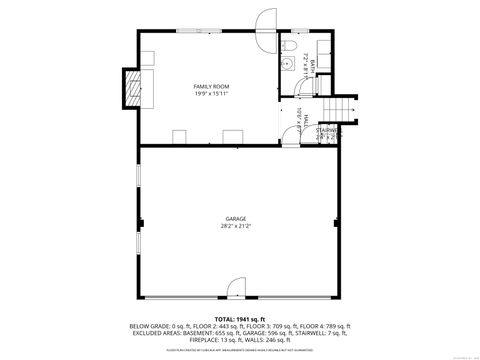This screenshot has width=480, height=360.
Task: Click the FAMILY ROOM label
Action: point(211,87)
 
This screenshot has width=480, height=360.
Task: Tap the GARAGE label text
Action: point(236,218)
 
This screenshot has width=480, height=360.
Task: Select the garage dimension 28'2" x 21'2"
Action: point(236,226)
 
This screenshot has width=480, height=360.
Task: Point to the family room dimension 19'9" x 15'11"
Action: point(211,95)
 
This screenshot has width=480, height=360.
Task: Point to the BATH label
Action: point(312,67)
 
